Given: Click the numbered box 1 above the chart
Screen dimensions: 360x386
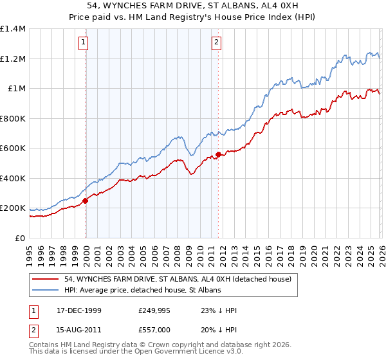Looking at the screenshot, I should [x=84, y=43].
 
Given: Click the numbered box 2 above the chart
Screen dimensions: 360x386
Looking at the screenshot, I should [x=217, y=43].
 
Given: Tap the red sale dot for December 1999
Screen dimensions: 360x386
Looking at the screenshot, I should [x=86, y=201].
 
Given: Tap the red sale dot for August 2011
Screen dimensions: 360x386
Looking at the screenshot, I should [x=218, y=154].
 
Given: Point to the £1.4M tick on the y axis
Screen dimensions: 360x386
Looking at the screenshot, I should [x=13, y=29].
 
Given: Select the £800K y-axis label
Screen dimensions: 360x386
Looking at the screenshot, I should [x=13, y=118].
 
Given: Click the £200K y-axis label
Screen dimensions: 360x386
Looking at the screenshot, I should [x=13, y=208].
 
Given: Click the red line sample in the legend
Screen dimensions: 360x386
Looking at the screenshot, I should [x=46, y=279].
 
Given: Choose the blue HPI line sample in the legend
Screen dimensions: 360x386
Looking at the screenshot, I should [x=46, y=291].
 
